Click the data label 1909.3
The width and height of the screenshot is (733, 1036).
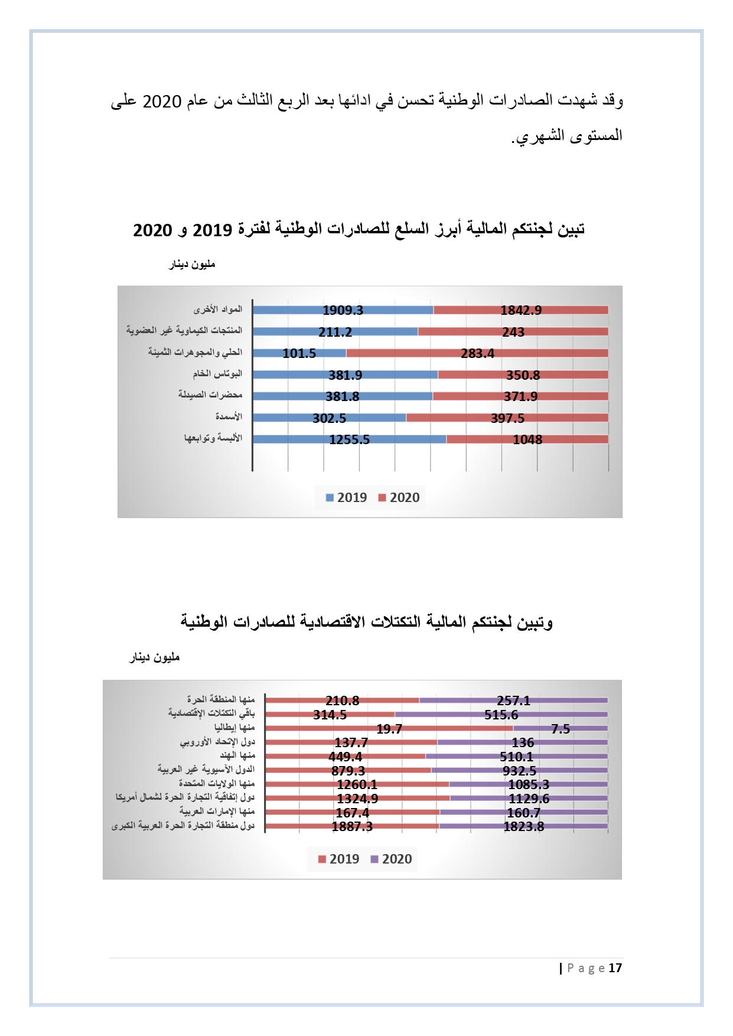point(343,310)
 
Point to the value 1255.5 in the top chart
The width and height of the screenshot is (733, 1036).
point(349,439)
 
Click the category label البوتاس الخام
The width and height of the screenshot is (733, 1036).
point(217,374)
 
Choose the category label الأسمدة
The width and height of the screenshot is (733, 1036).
point(228,417)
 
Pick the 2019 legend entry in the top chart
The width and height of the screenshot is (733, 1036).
point(346,497)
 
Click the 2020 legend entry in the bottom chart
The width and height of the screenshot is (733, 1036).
point(391,859)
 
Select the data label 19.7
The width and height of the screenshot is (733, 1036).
point(389,729)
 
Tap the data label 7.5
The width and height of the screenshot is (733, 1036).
point(561,729)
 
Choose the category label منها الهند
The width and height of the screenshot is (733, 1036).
point(237,755)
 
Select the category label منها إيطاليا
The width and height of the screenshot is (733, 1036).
point(234,728)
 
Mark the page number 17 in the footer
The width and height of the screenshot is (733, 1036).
point(615,967)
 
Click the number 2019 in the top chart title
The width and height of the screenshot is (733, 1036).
point(212,230)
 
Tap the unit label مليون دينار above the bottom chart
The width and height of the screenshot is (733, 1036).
point(155,657)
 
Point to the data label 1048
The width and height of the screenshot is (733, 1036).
point(527,439)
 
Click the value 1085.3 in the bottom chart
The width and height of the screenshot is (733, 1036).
point(529,784)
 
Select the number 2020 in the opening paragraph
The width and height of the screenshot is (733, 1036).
point(162,102)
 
